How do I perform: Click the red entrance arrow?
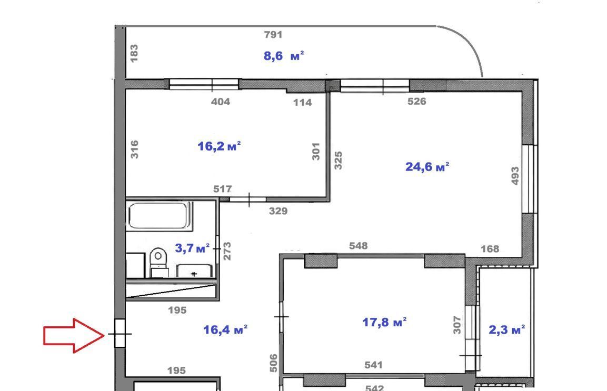point(74,336)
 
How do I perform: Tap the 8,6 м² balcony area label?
point(284,56)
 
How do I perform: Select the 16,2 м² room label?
point(219,146)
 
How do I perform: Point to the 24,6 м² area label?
point(427,167)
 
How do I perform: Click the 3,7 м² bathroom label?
point(192,248)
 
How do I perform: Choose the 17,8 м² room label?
point(384,322)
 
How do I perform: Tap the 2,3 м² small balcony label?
point(507,330)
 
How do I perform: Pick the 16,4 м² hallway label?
point(225,329)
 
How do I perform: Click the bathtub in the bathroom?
point(160,216)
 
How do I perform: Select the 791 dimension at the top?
point(273,34)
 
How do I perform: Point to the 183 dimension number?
point(134,54)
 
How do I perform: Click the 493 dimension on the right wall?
point(514,176)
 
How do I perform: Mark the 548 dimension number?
point(359,246)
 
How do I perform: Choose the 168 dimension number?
point(490,249)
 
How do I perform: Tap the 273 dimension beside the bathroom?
point(227,251)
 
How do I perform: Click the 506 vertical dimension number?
point(274,363)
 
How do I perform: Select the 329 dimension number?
point(278,211)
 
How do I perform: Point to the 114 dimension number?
point(302,102)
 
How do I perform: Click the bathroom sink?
point(194,270)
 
